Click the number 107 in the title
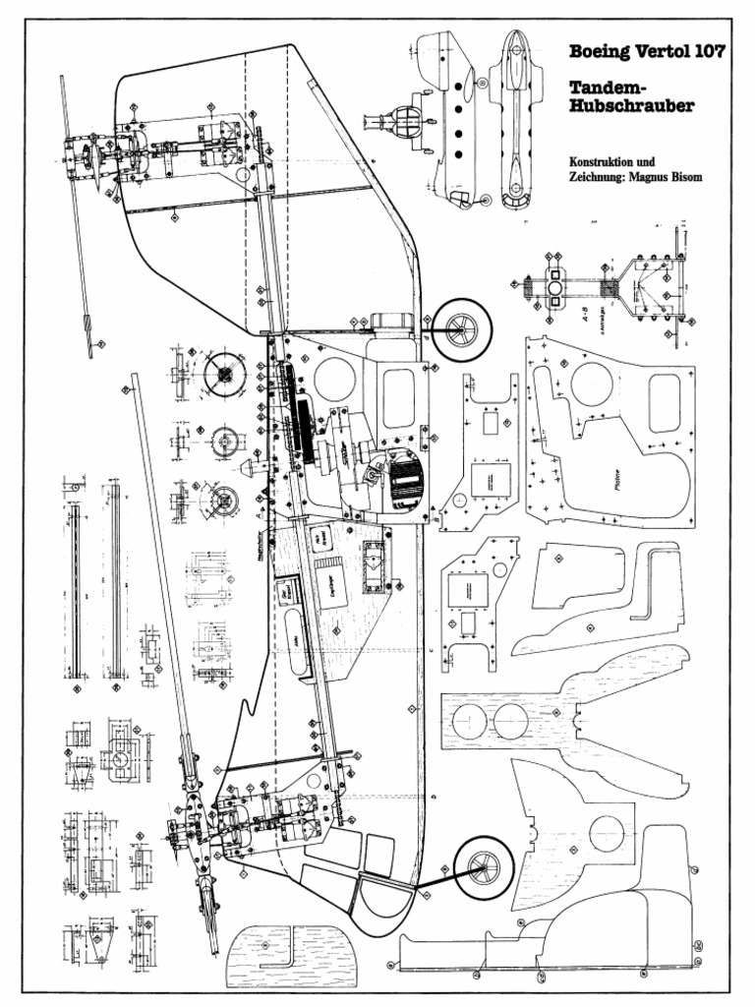(702, 52)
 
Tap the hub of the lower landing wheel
(481, 866)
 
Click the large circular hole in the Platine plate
(591, 384)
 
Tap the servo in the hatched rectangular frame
(374, 568)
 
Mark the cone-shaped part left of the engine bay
(254, 468)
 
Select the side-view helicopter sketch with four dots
(450, 118)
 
